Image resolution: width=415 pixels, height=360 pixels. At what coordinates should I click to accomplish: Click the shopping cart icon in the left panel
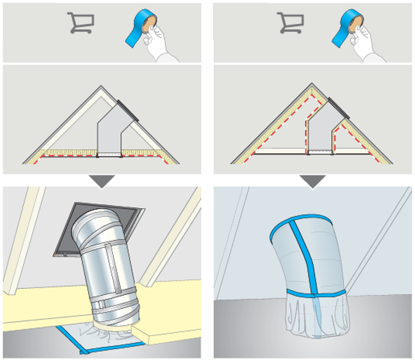[x=80, y=24]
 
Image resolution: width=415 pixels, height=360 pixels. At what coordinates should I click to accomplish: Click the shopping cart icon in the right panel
[x=290, y=24]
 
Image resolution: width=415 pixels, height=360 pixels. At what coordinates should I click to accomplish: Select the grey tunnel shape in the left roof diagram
[x=110, y=134]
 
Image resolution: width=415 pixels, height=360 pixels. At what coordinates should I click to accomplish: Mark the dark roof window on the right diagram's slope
[x=339, y=108]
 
